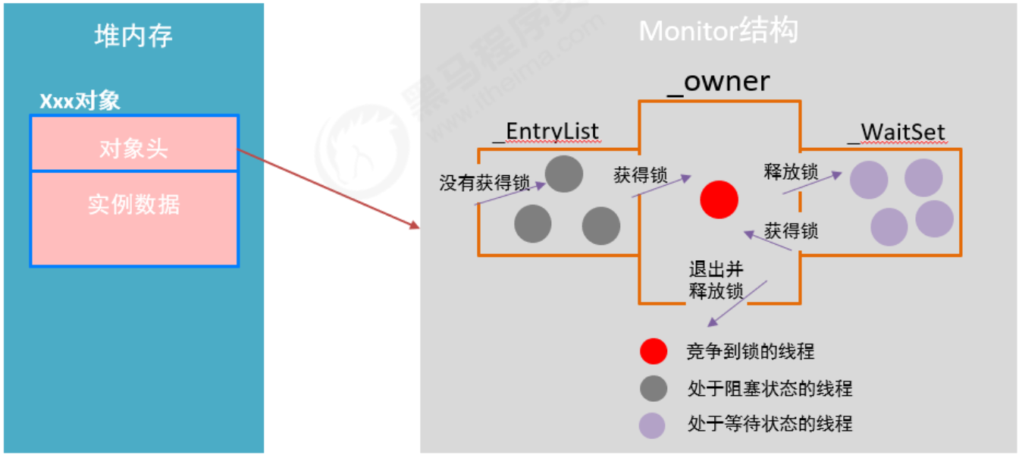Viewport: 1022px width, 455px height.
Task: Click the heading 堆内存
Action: pyautogui.click(x=133, y=36)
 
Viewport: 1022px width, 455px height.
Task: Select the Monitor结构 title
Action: pyautogui.click(x=718, y=31)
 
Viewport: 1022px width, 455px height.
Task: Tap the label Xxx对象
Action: pyautogui.click(x=80, y=102)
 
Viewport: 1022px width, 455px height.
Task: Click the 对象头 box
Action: pyautogui.click(x=133, y=148)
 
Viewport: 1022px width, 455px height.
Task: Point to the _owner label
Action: pyautogui.click(x=718, y=81)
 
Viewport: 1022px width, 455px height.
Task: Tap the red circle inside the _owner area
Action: pyautogui.click(x=719, y=199)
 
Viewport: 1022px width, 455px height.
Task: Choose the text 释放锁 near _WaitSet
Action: pyautogui.click(x=791, y=171)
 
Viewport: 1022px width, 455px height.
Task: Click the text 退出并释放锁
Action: pyautogui.click(x=716, y=281)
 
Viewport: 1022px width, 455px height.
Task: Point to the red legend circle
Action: pyautogui.click(x=653, y=351)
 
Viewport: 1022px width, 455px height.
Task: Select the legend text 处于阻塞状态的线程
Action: pyautogui.click(x=769, y=389)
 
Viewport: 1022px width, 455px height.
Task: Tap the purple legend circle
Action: pyautogui.click(x=652, y=425)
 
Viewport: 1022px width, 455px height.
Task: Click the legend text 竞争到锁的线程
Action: pyautogui.click(x=750, y=351)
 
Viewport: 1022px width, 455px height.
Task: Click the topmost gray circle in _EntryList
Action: pyautogui.click(x=563, y=174)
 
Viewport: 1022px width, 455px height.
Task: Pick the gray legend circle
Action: pyautogui.click(x=653, y=388)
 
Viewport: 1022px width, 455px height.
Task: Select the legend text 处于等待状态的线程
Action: pyautogui.click(x=769, y=423)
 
